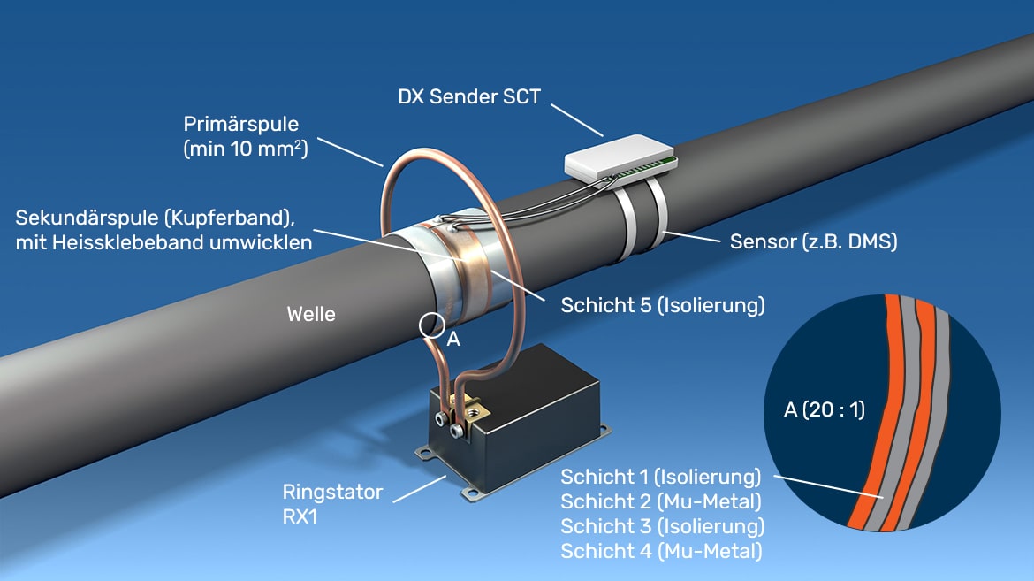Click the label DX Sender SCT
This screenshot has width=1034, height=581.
[x=469, y=96]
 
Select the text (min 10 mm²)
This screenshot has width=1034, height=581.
[x=245, y=149]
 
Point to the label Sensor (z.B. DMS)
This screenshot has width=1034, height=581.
[x=813, y=241]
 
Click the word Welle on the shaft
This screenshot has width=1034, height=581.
[x=311, y=314]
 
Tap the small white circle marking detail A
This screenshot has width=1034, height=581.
[x=431, y=325]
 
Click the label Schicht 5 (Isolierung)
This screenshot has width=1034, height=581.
[x=662, y=306]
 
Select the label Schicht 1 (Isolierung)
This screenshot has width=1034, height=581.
[x=660, y=478]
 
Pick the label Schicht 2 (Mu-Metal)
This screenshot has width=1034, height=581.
[x=660, y=502]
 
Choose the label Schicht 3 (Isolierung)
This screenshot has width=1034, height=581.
[x=662, y=527]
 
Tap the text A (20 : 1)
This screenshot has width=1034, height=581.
[x=824, y=409]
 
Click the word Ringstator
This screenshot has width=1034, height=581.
[x=332, y=492]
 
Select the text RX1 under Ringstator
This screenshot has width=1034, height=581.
[x=299, y=516]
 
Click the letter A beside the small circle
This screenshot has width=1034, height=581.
[x=453, y=338]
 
